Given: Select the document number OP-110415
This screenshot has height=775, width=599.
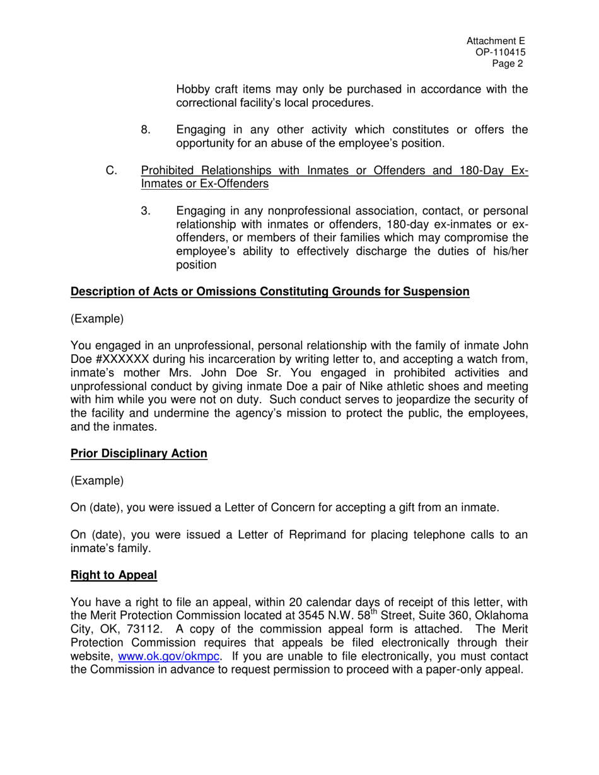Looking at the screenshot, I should click(x=501, y=53).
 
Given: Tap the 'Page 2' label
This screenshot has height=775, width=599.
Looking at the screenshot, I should click(x=508, y=64).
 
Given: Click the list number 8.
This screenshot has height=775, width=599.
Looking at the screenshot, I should click(x=146, y=130).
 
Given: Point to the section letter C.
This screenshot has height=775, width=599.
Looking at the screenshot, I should click(x=111, y=171).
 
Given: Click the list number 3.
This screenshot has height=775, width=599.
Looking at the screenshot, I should click(x=146, y=210).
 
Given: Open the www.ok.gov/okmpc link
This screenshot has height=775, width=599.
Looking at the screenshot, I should click(x=169, y=657).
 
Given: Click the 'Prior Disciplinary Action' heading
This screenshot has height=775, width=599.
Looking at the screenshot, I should click(x=139, y=454).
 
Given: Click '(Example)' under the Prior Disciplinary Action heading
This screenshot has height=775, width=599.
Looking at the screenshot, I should click(x=97, y=481).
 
